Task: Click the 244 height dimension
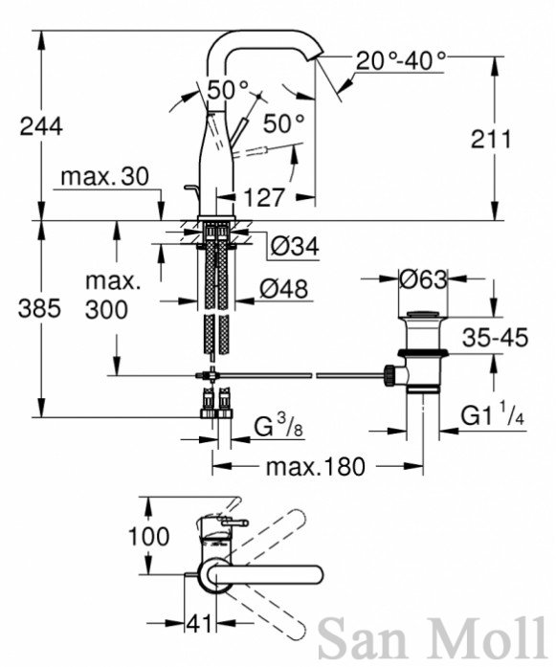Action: click(x=41, y=126)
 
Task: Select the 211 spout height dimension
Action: click(x=491, y=139)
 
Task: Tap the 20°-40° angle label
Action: click(x=401, y=61)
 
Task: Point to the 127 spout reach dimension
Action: click(x=264, y=197)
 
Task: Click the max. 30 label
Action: click(x=105, y=176)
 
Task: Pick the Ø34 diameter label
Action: click(x=295, y=246)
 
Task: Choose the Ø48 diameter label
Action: click(x=284, y=289)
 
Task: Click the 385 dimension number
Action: click(x=39, y=308)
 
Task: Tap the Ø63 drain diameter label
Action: click(x=423, y=279)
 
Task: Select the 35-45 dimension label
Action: click(x=495, y=338)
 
